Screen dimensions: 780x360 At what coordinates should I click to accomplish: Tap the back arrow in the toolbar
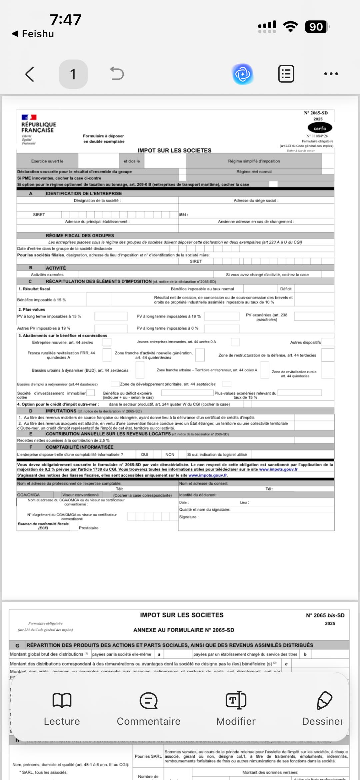[x=30, y=74]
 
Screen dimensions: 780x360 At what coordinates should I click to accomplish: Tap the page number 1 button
[x=73, y=74]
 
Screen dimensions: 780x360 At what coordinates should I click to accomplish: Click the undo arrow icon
[x=117, y=74]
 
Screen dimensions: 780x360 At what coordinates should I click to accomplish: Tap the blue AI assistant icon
[x=243, y=74]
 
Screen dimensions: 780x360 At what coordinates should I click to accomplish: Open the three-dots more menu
[x=331, y=74]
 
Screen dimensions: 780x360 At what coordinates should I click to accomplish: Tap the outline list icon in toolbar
[x=286, y=74]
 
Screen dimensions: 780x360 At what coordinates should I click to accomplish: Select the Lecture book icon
[x=62, y=700]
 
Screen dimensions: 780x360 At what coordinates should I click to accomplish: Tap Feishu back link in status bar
[x=33, y=34]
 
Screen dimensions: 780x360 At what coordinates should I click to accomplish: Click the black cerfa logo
[x=320, y=128]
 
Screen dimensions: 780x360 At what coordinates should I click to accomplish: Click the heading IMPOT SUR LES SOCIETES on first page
[x=174, y=150]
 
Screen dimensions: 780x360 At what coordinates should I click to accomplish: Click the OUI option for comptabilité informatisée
[x=145, y=454]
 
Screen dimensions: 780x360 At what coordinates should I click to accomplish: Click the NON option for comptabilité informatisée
[x=170, y=454]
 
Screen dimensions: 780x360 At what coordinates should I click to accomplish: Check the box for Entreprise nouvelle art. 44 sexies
[x=107, y=342]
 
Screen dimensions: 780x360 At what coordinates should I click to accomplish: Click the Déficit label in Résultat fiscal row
[x=286, y=289]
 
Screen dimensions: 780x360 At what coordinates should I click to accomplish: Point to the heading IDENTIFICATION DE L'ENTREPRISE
[x=84, y=193]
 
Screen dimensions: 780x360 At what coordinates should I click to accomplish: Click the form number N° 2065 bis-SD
[x=325, y=615]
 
